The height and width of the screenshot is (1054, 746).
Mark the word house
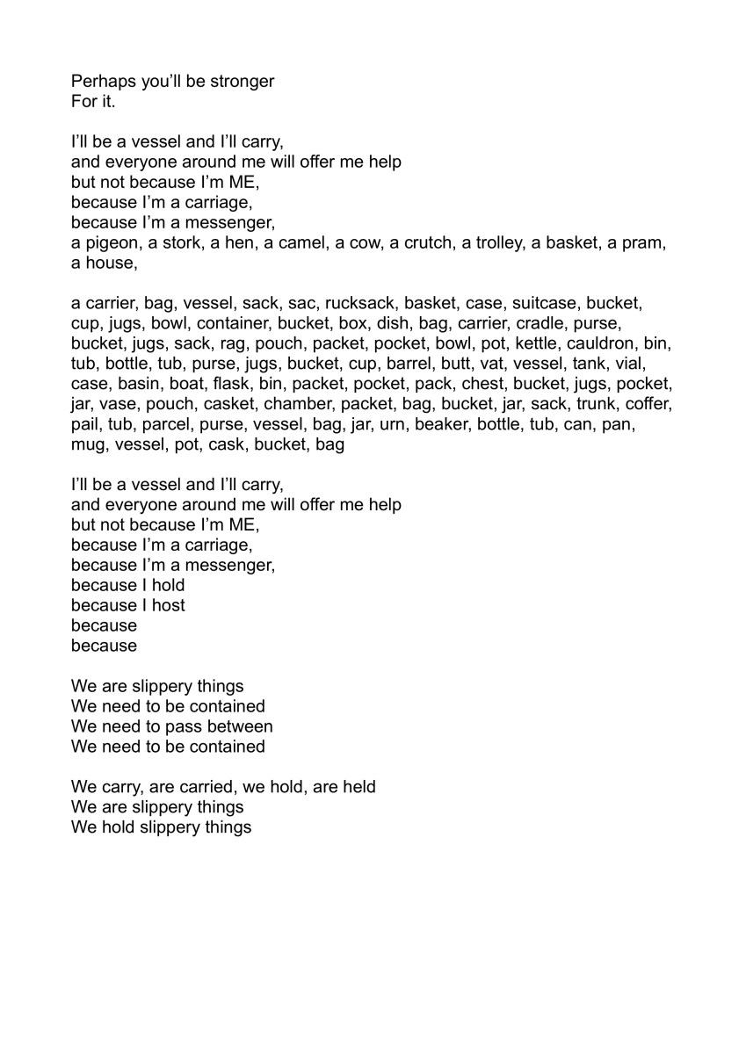pyautogui.click(x=109, y=263)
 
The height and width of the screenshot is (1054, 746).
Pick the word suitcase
pyautogui.click(x=542, y=303)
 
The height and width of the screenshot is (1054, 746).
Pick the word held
pyautogui.click(x=359, y=787)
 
